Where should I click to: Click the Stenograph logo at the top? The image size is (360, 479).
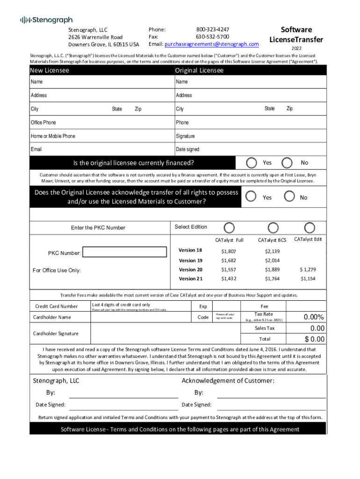(x=46, y=20)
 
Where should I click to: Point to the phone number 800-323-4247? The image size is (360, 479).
(x=212, y=29)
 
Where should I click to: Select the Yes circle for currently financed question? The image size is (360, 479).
(x=252, y=163)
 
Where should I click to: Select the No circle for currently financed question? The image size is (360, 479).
(x=287, y=163)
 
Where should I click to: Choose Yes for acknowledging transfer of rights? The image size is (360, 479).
(x=252, y=196)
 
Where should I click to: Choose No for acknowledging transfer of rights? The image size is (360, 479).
(x=290, y=196)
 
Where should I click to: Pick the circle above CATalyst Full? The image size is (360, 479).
(x=229, y=227)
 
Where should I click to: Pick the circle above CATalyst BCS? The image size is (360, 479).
(x=273, y=227)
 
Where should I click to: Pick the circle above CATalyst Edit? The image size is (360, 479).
(x=309, y=227)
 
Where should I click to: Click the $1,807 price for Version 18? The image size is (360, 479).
(x=229, y=252)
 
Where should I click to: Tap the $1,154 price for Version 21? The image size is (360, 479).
(x=308, y=279)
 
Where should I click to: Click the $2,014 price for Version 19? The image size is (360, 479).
(x=272, y=261)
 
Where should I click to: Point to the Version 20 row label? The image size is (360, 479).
(x=191, y=270)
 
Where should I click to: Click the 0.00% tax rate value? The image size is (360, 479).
(x=314, y=317)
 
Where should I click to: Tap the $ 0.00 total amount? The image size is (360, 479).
(x=314, y=339)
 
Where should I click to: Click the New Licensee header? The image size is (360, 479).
(x=50, y=70)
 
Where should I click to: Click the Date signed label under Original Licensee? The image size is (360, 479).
(x=187, y=149)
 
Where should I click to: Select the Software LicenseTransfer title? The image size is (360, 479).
(x=296, y=35)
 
